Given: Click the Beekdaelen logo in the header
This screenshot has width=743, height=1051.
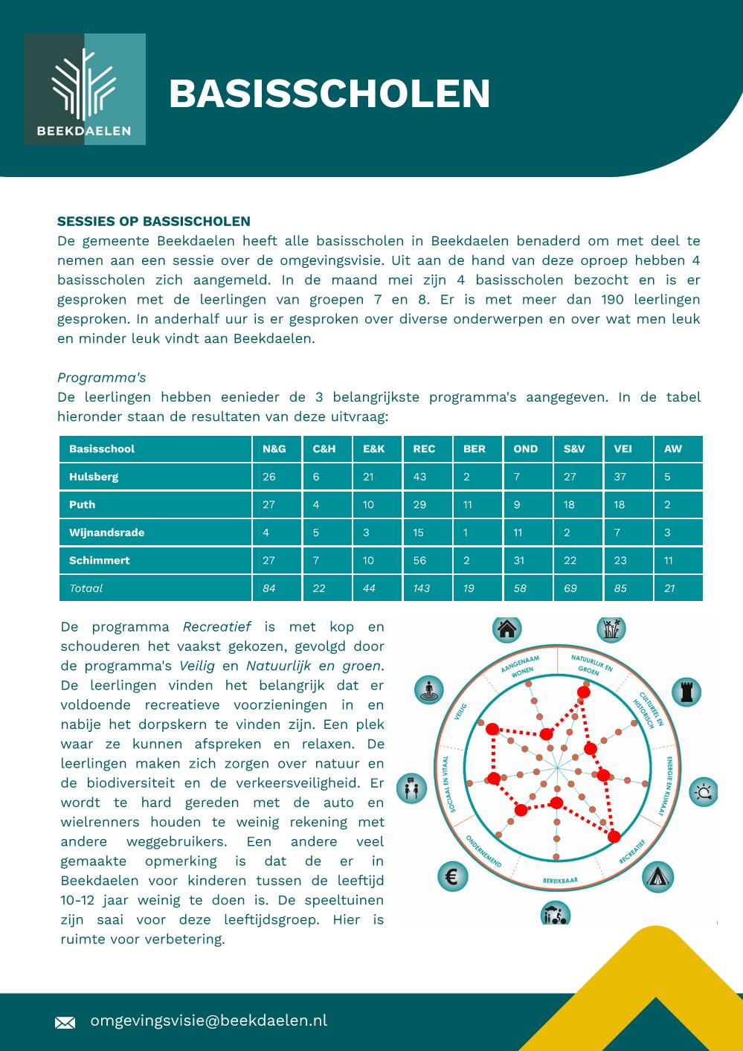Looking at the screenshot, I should coord(85,89).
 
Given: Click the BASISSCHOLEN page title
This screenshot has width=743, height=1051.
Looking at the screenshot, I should coord(329,94).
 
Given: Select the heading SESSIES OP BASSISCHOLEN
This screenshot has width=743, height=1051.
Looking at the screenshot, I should coord(154,221).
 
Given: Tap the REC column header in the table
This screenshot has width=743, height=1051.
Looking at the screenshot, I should coord(424,449).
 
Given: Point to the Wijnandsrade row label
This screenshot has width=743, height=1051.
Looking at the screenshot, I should coord(107,533).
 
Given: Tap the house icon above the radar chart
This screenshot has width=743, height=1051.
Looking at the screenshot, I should coord(506,629).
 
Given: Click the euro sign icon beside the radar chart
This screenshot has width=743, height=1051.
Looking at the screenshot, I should coord(452,876).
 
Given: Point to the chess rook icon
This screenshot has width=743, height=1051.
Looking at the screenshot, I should coord(686,692).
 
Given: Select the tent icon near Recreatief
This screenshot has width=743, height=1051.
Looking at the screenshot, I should coord(657,877).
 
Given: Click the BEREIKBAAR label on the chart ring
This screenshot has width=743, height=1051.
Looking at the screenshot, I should coord(560,881).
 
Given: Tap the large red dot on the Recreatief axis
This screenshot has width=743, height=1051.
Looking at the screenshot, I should coord(614,837).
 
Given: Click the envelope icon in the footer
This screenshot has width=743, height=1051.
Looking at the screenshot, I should coord(65,1023).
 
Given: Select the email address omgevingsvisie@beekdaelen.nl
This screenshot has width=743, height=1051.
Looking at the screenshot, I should coord(208,1021).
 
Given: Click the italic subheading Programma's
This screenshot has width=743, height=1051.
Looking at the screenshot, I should coord(101,377).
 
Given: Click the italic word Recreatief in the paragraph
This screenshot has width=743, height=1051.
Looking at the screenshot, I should coord(216,626).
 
